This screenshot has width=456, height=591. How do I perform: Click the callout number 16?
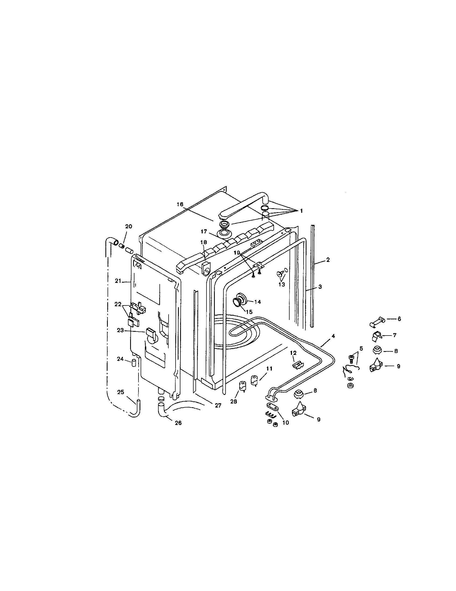180,204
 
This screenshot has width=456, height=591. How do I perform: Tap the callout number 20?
129,226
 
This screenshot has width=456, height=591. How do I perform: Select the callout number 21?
118,281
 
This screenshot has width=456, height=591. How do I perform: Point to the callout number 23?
120,330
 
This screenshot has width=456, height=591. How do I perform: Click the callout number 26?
178,423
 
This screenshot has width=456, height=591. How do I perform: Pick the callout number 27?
218,405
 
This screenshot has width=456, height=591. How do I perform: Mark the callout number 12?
293,353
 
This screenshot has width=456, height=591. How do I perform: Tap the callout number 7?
394,335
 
